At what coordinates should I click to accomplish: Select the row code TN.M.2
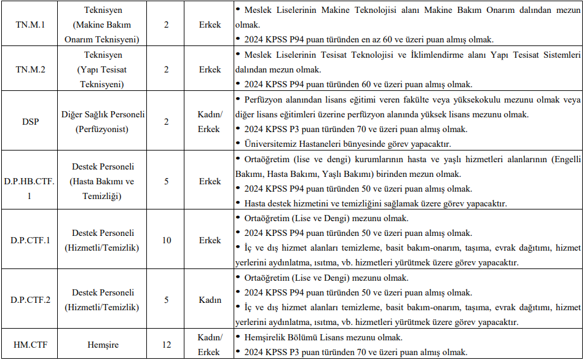click(x=30, y=69)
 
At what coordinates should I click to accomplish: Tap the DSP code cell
click(x=30, y=122)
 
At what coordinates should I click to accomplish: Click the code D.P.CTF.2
click(x=30, y=300)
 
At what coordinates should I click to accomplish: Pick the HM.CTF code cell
click(x=30, y=345)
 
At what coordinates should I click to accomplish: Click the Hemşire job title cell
click(x=103, y=345)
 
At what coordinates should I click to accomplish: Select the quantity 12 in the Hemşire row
click(x=167, y=345)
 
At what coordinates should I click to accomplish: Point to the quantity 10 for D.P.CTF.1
click(x=167, y=240)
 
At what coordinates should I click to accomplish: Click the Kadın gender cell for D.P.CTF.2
click(x=210, y=300)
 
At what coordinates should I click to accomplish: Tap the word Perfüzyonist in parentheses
click(x=103, y=129)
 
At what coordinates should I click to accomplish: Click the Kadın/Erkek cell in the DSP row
click(x=210, y=122)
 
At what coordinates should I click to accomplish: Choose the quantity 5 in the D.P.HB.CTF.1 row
click(x=167, y=181)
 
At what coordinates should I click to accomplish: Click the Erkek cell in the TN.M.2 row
click(x=210, y=69)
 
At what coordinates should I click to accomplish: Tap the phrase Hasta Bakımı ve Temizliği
click(x=103, y=189)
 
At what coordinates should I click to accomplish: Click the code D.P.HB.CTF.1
click(x=30, y=181)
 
